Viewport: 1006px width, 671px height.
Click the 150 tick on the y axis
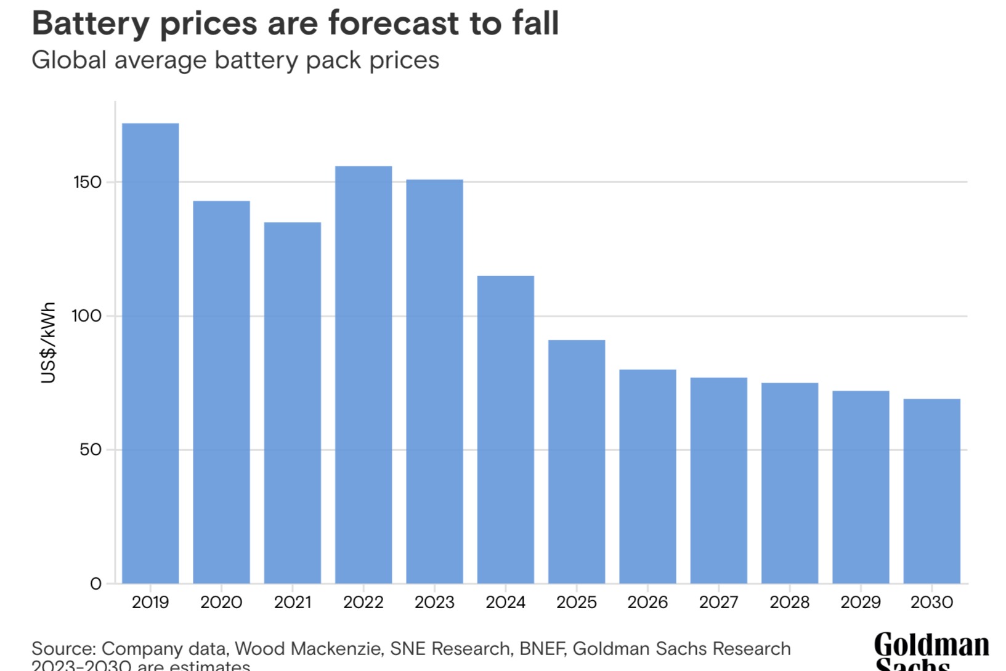click(x=87, y=182)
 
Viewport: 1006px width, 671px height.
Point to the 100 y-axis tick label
click(x=87, y=316)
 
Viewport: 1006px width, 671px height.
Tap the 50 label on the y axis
click(x=90, y=450)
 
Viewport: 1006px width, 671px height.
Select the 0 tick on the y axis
click(x=95, y=584)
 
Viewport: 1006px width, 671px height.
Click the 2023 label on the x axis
click(x=434, y=602)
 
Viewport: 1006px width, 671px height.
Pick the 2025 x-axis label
click(x=577, y=602)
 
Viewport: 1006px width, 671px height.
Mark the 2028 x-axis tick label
click(x=790, y=602)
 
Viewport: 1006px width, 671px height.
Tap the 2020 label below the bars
click(x=221, y=602)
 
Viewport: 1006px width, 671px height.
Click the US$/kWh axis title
click(x=48, y=343)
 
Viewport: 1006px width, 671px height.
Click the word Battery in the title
click(x=91, y=23)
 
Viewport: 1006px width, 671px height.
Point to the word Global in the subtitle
click(x=68, y=60)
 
